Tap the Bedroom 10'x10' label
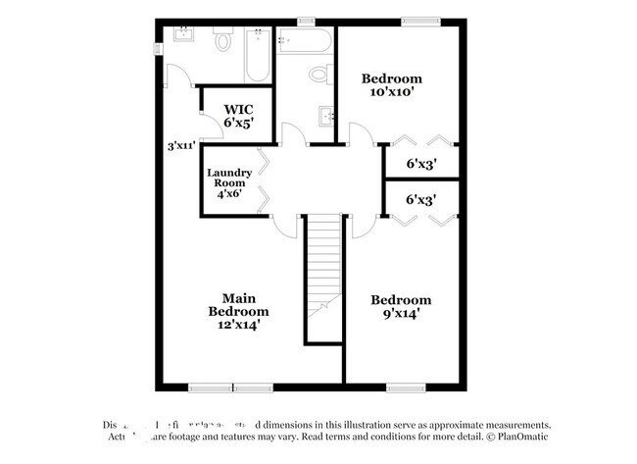click(391, 85)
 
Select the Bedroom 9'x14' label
click(400, 307)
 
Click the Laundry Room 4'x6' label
click(229, 182)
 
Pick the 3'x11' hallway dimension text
click(181, 146)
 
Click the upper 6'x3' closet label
click(420, 164)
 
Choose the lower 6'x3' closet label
click(420, 200)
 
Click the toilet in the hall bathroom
click(318, 75)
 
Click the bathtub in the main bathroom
click(257, 55)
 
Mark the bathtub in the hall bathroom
click(306, 41)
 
